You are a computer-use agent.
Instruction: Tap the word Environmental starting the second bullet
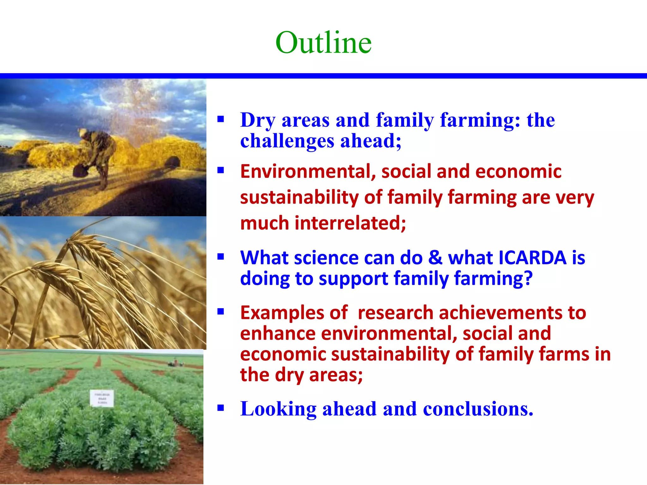[x=308, y=171]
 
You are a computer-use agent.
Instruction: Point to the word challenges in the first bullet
[x=287, y=141]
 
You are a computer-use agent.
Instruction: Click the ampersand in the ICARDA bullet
[x=435, y=258]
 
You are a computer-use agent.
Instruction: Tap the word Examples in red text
[x=282, y=313]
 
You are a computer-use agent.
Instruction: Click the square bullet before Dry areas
[x=221, y=119]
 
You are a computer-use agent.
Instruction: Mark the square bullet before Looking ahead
[x=221, y=408]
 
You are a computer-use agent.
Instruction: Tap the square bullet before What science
[x=221, y=257]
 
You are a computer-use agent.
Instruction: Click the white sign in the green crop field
[x=102, y=398]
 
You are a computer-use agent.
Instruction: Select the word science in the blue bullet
[x=326, y=258]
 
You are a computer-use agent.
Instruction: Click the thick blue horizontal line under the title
[x=323, y=76]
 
